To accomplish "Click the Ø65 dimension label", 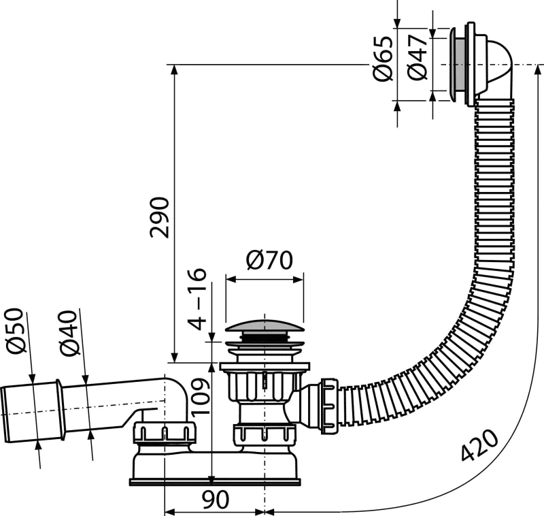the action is coord(383,59).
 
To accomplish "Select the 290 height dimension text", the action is coord(160,218).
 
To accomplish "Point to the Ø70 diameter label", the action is coord(269,260).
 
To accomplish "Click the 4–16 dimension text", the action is coord(197,299).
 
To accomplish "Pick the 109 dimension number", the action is coord(200,397).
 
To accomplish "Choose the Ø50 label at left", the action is coord(16,330).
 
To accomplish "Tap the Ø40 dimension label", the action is coord(68,333).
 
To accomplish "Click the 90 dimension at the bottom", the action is coord(216,500).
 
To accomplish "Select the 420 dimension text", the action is coord(480,445).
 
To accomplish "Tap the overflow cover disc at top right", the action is coord(453,65).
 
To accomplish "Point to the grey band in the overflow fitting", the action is coord(461,65).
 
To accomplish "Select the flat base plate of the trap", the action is coord(215,482).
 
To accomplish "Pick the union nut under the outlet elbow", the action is coord(165,433).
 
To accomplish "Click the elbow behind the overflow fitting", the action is coord(496,69).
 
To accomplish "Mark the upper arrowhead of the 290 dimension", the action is coord(175,70).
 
